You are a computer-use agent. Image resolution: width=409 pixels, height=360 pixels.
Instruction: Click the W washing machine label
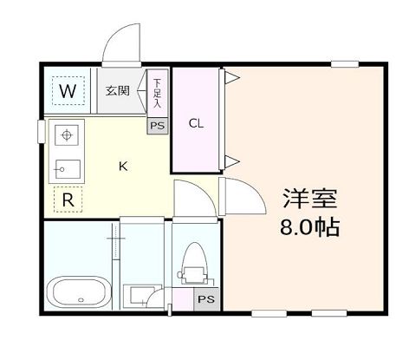pos(68,89)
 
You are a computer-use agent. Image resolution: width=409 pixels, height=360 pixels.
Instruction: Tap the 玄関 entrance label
pos(117,90)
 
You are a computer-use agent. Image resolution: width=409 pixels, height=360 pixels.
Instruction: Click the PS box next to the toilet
pos(206,299)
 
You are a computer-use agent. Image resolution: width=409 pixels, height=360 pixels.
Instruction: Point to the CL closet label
pos(197,123)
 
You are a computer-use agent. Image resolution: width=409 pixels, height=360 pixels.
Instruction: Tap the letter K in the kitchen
pos(123,167)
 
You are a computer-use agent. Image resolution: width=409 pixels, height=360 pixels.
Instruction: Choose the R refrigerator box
pos(68,200)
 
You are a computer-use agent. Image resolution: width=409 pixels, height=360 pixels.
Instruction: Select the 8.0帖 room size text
pos(308,228)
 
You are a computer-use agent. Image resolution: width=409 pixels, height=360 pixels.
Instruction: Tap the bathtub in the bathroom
pos(78,292)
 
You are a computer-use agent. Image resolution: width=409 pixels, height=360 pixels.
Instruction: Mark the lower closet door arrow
pos(232,160)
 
